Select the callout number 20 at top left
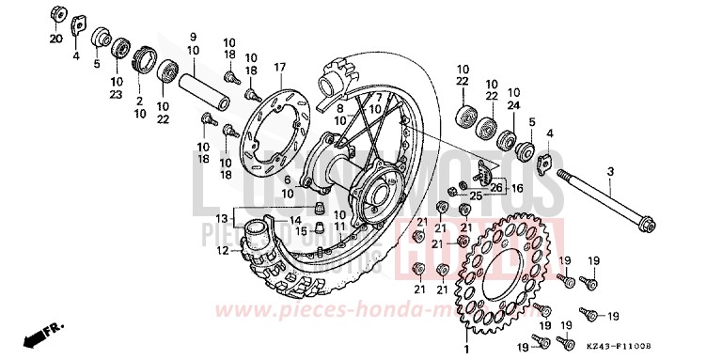[x=55, y=39]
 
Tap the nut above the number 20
[x=55, y=16]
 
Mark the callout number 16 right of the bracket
[x=515, y=188]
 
